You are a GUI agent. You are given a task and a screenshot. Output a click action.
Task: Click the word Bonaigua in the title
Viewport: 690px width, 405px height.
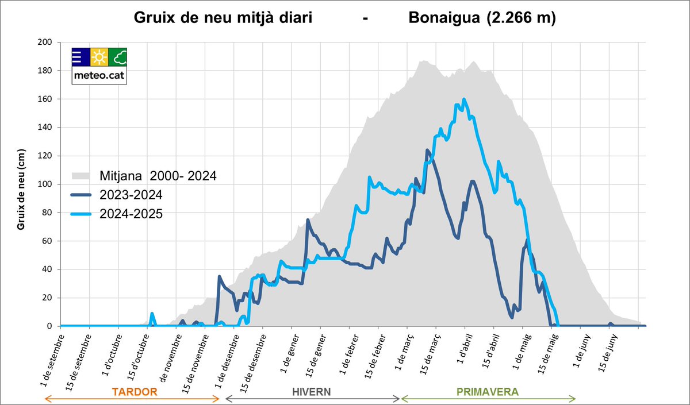pyautogui.click(x=444, y=18)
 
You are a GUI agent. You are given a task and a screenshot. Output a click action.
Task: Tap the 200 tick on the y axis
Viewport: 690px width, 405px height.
pyautogui.click(x=45, y=43)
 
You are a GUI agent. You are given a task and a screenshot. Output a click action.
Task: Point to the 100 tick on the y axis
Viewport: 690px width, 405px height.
pyautogui.click(x=45, y=184)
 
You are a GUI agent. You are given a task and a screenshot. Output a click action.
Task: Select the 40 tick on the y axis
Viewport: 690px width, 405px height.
pyautogui.click(x=47, y=269)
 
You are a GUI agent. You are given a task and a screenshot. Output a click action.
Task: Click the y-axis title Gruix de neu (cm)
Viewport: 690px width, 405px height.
pyautogui.click(x=21, y=184)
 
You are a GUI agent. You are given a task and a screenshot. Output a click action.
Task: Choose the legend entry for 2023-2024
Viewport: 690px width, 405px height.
pyautogui.click(x=131, y=194)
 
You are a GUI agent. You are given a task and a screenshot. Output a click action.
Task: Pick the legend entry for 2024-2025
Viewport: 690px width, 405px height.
pyautogui.click(x=131, y=214)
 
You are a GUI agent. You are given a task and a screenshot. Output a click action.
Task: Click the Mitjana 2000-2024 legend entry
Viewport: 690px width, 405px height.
pyautogui.click(x=158, y=175)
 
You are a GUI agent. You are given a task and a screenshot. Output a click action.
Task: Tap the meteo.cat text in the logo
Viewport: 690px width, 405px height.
pyautogui.click(x=99, y=75)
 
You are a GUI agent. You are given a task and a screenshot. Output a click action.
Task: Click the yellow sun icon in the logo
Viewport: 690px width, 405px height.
pyautogui.click(x=99, y=57)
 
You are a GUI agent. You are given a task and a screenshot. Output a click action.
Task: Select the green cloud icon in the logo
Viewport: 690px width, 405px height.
pyautogui.click(x=118, y=57)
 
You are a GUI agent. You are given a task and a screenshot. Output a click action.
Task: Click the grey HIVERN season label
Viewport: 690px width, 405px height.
pyautogui.click(x=311, y=392)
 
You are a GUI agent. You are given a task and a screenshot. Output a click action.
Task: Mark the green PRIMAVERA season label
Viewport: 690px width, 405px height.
pyautogui.click(x=487, y=392)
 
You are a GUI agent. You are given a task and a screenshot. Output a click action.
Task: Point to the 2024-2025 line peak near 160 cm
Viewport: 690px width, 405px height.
pyautogui.click(x=463, y=99)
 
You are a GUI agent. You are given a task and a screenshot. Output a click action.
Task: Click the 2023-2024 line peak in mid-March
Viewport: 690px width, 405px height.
pyautogui.click(x=427, y=151)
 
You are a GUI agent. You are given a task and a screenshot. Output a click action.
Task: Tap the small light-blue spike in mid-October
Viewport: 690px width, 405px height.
pyautogui.click(x=152, y=314)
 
